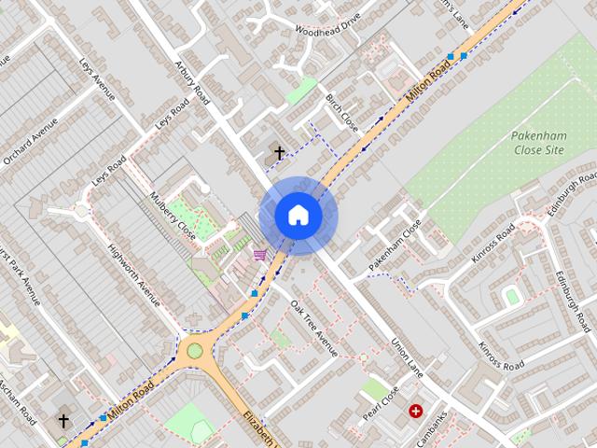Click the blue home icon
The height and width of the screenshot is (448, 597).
(298, 215)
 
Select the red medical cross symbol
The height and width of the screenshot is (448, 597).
(415, 411)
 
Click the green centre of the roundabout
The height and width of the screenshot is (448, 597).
(194, 351)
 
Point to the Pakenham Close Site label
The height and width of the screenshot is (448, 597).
(539, 142)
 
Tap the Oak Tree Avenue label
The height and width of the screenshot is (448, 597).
(312, 327)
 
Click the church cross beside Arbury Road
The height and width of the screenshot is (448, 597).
(278, 152)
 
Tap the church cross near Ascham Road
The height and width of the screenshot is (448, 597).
(63, 421)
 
